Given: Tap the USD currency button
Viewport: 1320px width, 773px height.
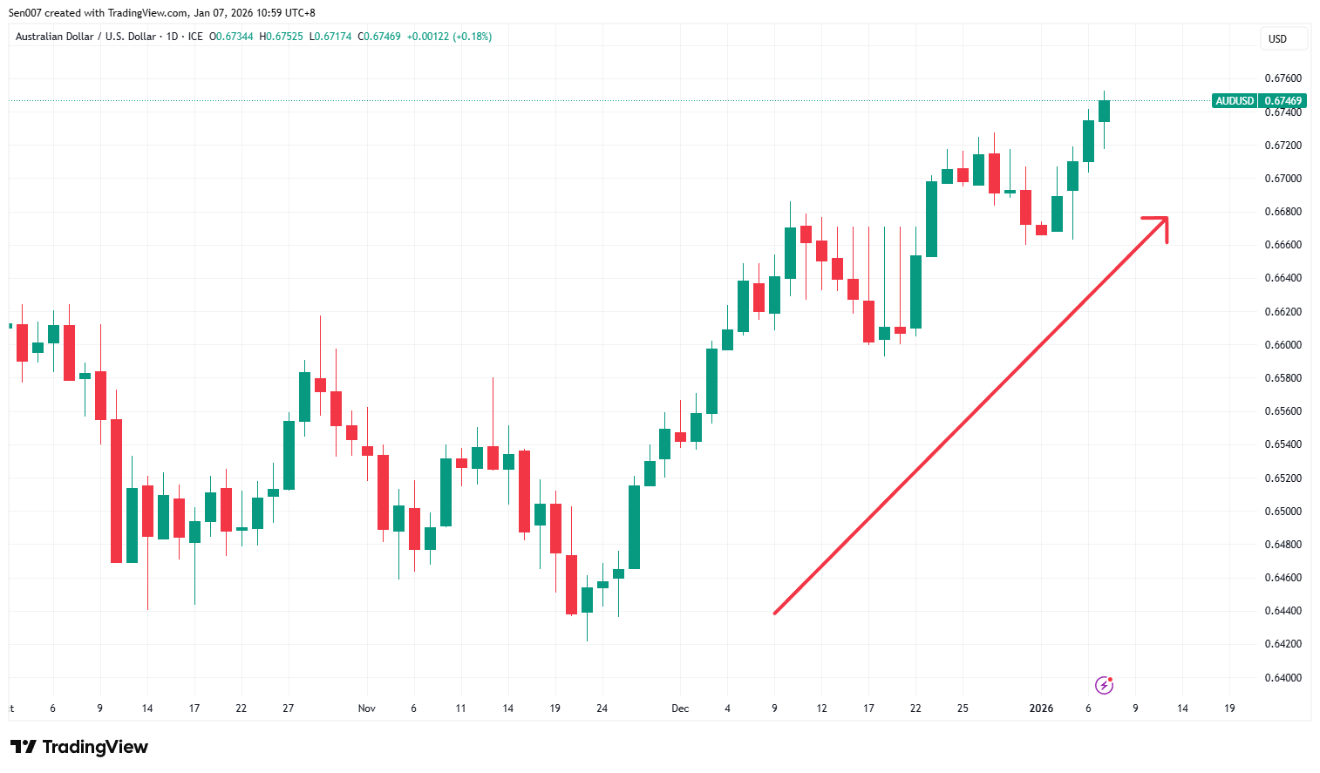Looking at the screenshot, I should point(1277,39).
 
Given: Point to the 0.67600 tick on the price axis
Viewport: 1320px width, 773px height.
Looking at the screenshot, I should point(1283,78).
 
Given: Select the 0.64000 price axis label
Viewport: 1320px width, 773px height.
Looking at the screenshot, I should point(1283,678).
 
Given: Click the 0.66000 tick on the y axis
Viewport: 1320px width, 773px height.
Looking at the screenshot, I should point(1283,345).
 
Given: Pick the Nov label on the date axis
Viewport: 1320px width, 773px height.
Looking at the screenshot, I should point(366,709).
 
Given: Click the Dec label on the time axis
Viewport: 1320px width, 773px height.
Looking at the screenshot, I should point(680,709).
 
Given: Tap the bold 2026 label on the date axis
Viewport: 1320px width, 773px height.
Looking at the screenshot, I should point(1041,709).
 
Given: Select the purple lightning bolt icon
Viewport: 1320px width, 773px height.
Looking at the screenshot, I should point(1104,685).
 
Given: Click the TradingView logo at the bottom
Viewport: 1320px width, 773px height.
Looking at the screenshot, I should point(79,747).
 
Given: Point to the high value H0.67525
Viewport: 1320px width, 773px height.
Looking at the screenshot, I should point(281,37).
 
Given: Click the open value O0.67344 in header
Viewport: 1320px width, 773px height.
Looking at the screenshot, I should point(231,37).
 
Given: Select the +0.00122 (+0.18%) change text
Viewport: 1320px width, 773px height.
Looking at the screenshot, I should point(449,37).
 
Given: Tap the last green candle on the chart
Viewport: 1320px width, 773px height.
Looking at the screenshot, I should point(1104,111).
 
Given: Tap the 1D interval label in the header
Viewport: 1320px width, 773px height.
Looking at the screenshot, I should point(172,37).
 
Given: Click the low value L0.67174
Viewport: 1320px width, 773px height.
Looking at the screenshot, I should point(330,37).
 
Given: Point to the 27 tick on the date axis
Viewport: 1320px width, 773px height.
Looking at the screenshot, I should point(288,709).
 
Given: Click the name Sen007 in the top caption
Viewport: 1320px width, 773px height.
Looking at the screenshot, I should point(24,13).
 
